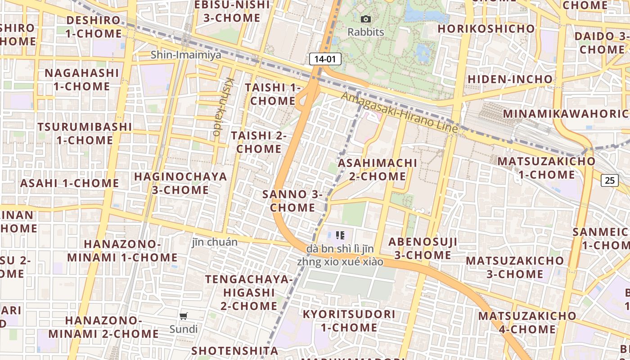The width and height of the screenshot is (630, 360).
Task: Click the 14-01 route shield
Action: tap(325, 59)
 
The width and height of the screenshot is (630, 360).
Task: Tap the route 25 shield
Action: tap(609, 180)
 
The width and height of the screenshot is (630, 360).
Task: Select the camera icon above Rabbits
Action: tap(366, 19)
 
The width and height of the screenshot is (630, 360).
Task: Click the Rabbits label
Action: tap(366, 32)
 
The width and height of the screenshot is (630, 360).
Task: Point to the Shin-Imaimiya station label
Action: tap(186, 55)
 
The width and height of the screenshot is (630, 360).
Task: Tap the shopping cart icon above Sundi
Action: tap(183, 316)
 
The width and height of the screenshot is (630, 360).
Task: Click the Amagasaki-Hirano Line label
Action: tap(399, 112)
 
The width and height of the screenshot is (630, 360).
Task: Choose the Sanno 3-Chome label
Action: tap(292, 201)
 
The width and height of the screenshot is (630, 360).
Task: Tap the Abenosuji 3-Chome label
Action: tap(423, 248)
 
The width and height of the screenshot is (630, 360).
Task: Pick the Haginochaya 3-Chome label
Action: tap(180, 183)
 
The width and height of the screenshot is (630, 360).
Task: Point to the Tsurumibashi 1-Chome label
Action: tap(85, 133)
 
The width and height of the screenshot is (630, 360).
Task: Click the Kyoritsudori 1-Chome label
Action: tap(349, 320)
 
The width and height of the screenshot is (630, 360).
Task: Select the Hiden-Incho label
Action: tap(510, 79)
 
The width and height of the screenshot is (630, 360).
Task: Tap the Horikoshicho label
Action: tap(486, 29)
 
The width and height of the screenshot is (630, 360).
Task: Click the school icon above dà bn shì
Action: tap(340, 235)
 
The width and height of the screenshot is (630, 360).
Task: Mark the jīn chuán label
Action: tap(215, 242)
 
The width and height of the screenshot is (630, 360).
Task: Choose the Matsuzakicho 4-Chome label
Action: tap(527, 322)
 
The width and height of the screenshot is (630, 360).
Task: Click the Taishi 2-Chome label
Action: tap(259, 142)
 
